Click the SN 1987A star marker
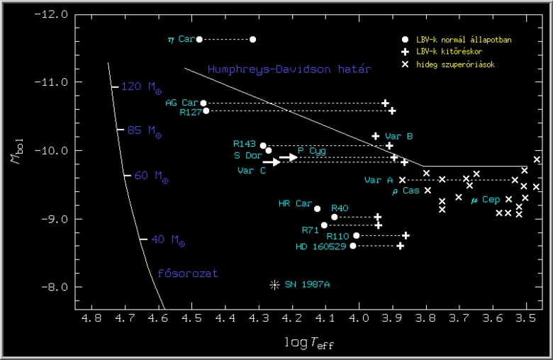click(x=274, y=285)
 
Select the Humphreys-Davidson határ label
click(x=289, y=69)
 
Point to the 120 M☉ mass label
click(x=141, y=87)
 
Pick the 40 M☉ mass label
click(x=167, y=240)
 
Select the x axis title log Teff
click(x=310, y=342)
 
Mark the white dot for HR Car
click(x=317, y=209)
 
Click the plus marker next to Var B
click(x=376, y=136)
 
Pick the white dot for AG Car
click(x=203, y=103)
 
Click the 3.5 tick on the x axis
click(x=526, y=320)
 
